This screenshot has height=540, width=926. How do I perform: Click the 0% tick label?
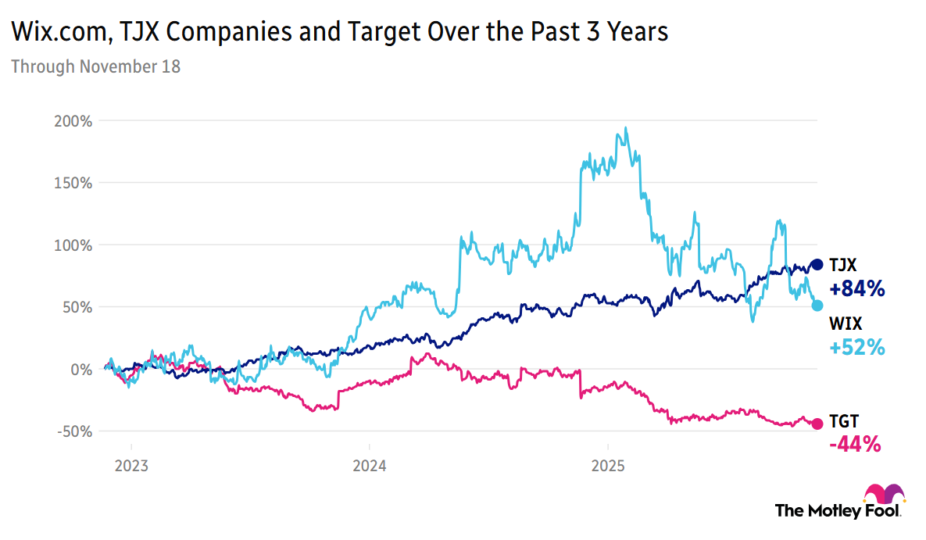(84, 369)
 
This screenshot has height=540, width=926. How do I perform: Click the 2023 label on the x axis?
(131, 467)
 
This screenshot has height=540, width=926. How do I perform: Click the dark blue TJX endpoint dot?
(817, 265)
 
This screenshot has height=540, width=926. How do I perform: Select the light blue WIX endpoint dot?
(817, 305)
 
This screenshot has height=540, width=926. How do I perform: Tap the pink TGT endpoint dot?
(817, 424)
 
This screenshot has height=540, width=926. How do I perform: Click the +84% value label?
(856, 289)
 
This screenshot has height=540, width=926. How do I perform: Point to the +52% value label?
(856, 348)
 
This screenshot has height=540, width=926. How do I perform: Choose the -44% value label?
(855, 445)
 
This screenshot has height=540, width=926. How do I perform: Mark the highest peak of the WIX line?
(625, 128)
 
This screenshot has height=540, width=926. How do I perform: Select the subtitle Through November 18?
(95, 66)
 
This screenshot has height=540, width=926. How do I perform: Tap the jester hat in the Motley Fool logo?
(884, 495)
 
